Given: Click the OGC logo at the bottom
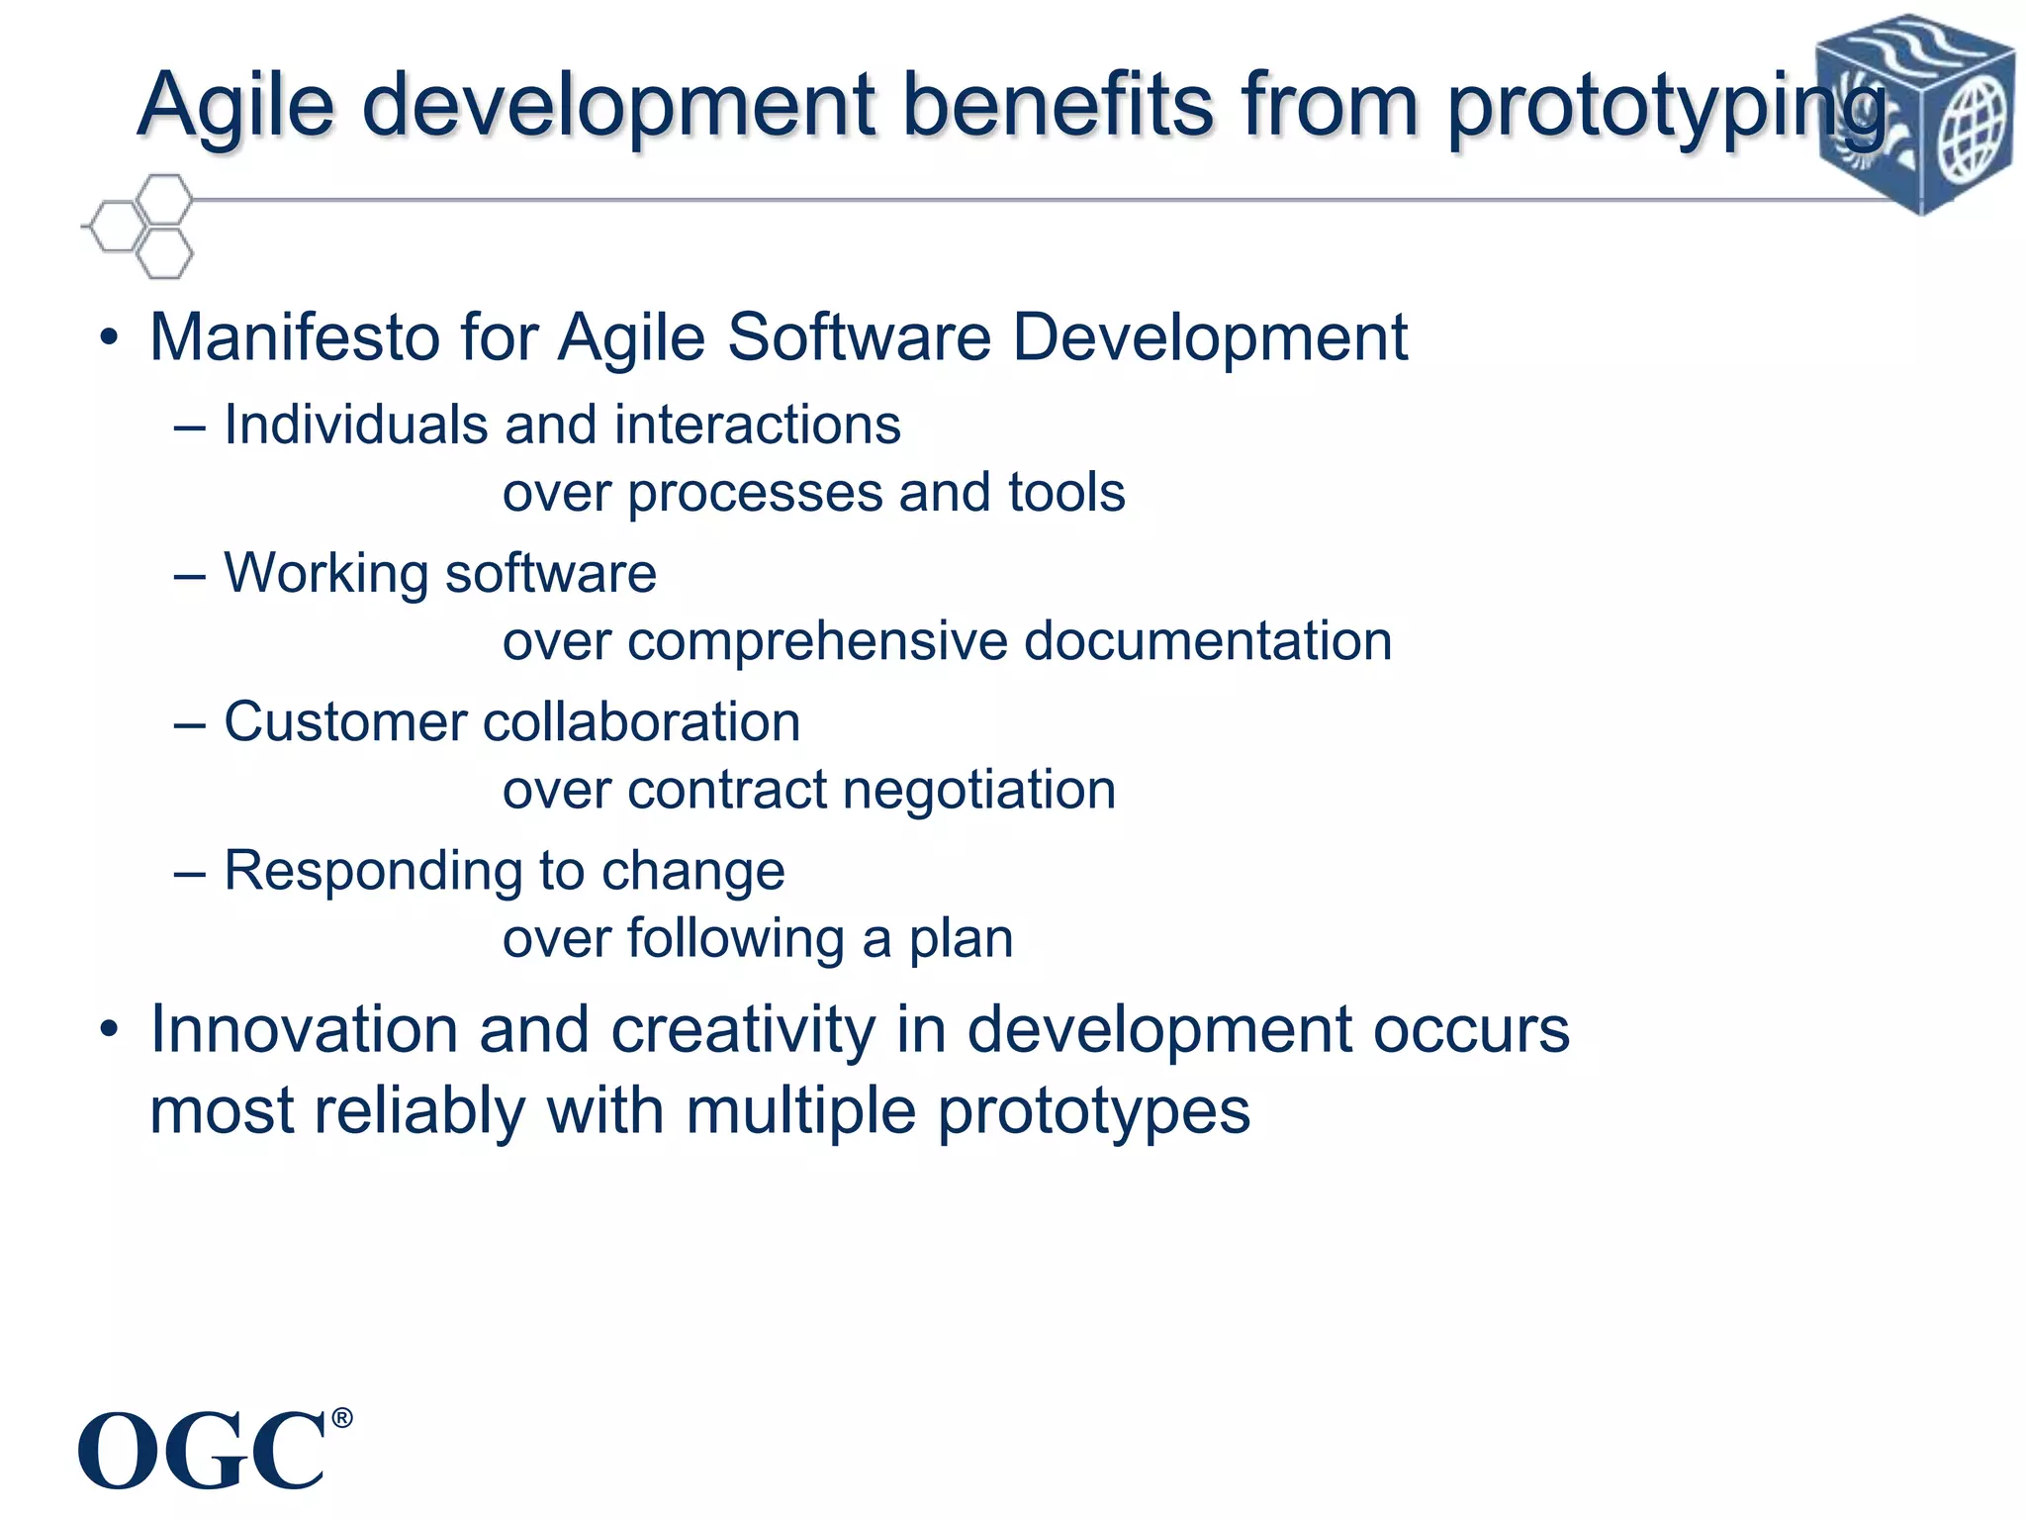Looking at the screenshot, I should point(203,1452).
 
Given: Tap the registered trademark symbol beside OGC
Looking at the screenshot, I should point(341,1418).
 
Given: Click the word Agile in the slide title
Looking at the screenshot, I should point(235,106).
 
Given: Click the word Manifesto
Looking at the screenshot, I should point(295,337).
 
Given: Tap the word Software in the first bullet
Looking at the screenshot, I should point(859,337).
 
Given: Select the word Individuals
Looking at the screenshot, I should point(354,426).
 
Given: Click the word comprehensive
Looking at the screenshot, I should point(818,641).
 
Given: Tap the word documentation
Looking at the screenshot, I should point(1208,641).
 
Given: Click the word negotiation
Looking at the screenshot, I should point(978,791).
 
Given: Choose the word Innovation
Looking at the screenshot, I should point(304,1030).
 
